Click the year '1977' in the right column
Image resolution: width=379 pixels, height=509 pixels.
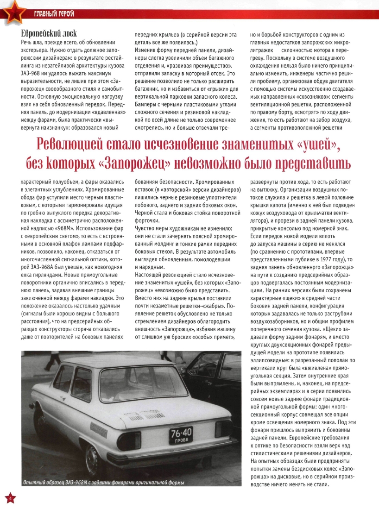tap(333, 260)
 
